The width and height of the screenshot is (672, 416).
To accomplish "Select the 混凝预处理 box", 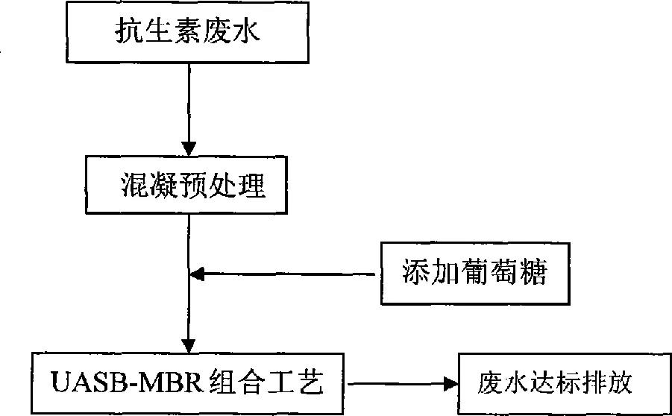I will (187, 187).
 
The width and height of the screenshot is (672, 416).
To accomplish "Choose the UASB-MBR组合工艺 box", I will (187, 383).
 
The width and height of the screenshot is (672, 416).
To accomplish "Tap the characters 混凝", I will (145, 187).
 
